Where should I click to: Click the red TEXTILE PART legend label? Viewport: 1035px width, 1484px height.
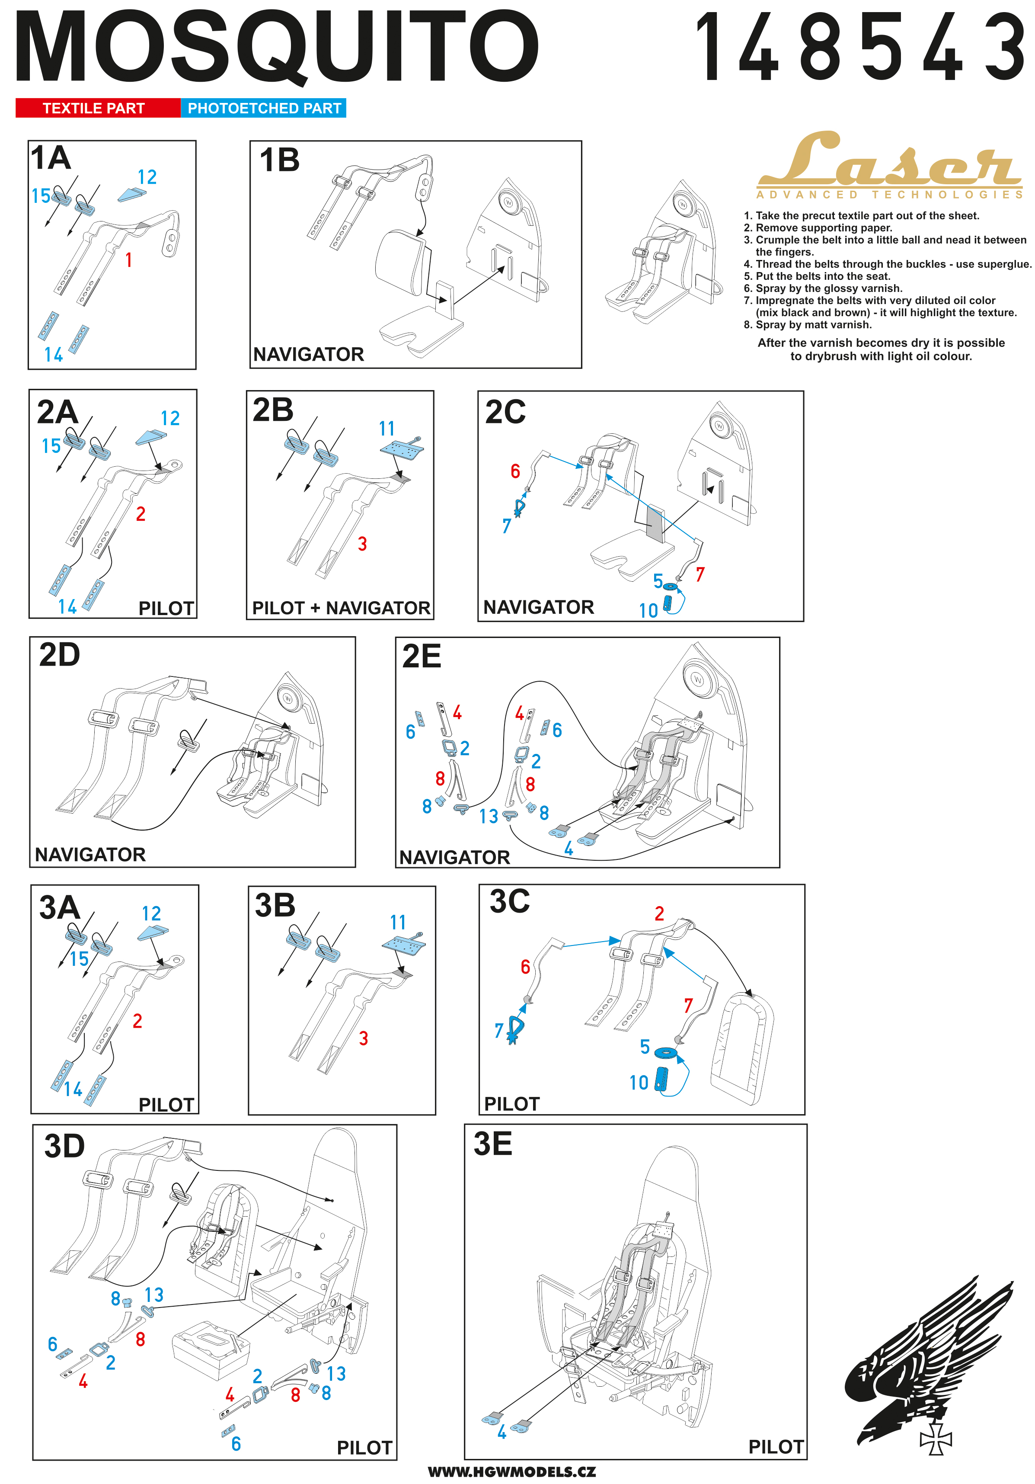(x=94, y=108)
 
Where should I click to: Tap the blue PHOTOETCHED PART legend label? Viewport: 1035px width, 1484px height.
(x=264, y=108)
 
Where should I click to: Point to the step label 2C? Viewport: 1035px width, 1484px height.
(x=505, y=412)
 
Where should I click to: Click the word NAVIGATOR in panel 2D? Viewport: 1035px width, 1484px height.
(x=90, y=855)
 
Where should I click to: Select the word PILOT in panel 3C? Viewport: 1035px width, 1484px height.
(x=512, y=1103)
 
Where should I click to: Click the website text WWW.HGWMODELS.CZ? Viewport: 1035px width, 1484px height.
(x=512, y=1472)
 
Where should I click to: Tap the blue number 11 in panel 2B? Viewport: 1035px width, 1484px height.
(x=387, y=429)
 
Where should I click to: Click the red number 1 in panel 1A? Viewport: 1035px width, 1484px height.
(x=128, y=260)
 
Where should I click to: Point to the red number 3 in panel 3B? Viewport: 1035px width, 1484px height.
(x=364, y=1038)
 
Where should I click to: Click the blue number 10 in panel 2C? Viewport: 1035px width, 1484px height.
(x=648, y=611)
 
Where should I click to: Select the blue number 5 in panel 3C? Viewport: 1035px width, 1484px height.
(x=645, y=1046)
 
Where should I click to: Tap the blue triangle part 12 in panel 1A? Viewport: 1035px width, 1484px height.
(x=132, y=194)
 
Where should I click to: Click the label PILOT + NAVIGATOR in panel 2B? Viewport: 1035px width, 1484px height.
(x=341, y=608)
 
